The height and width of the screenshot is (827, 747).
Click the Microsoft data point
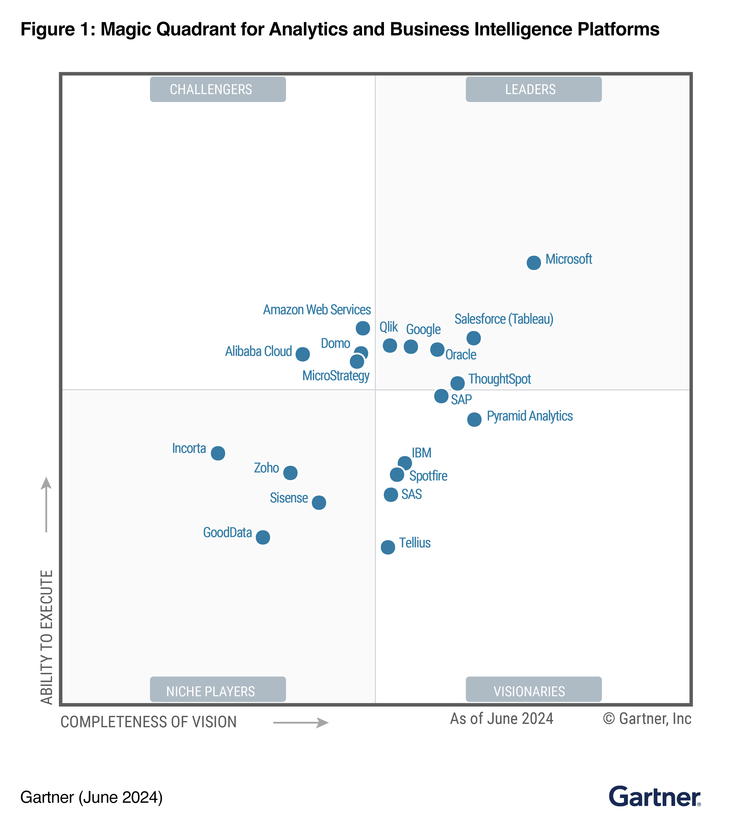(533, 263)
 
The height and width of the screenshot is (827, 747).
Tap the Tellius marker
(388, 547)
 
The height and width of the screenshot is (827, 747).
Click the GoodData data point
(263, 537)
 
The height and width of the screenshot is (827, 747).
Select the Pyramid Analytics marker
(474, 419)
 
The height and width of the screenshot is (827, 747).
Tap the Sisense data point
(319, 502)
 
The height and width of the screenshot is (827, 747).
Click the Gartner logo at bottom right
(654, 797)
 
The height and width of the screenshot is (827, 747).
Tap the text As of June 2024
(501, 719)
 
